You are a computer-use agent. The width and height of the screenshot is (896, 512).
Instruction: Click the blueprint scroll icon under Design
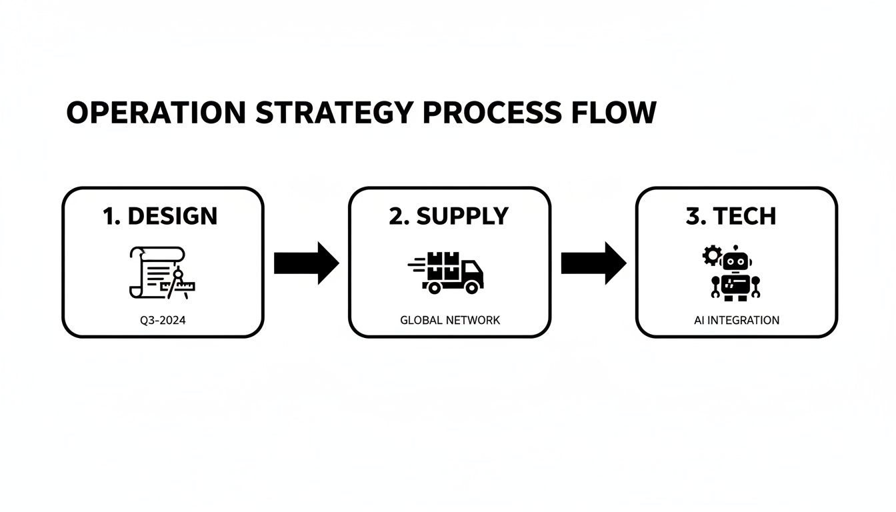157,272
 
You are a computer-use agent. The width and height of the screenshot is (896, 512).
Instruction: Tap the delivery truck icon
447,272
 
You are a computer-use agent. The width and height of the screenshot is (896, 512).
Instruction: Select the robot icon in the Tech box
735,273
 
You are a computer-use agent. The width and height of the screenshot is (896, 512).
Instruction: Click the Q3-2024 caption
163,320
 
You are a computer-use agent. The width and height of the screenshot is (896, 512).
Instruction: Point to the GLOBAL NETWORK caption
450,320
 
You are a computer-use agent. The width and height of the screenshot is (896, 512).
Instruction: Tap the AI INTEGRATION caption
736,320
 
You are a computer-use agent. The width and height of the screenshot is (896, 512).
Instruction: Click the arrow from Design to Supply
306,263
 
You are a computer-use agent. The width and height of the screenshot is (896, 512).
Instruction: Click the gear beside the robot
712,255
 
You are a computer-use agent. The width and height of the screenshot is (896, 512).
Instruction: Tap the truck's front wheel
472,287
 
